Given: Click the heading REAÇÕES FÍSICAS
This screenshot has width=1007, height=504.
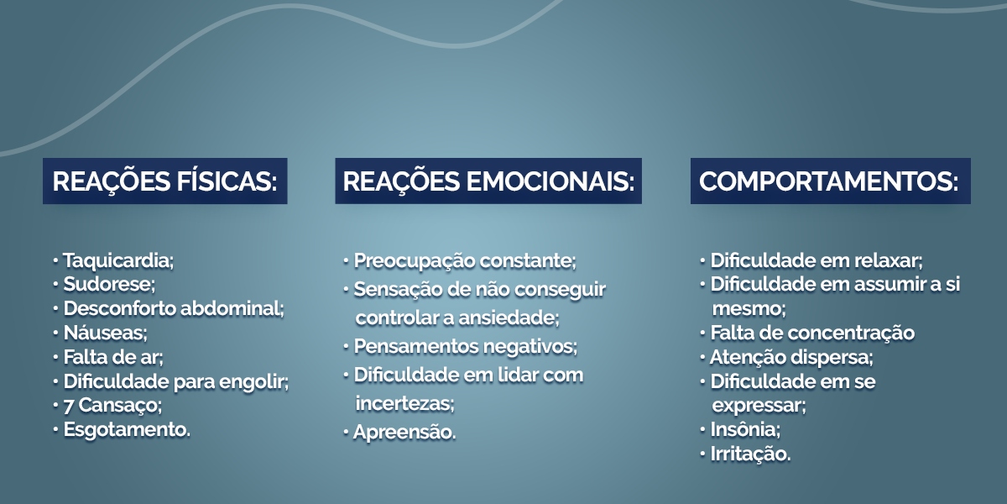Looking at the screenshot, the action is click(164, 181).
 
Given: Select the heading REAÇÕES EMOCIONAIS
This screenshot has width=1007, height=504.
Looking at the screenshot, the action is click(488, 181).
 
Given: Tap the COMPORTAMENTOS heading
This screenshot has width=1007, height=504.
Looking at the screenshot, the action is click(829, 181).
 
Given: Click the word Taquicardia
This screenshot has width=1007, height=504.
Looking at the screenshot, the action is click(118, 260).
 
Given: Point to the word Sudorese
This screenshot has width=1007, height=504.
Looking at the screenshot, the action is click(109, 285).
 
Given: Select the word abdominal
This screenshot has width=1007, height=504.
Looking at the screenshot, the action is click(232, 309).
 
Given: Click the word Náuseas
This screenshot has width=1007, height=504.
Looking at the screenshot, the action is click(106, 333).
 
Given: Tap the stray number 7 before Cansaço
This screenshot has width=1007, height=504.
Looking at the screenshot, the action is click(68, 406).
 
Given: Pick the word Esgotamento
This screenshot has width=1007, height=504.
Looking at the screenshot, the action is click(127, 430).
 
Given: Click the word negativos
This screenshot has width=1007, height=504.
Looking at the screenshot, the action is click(530, 347).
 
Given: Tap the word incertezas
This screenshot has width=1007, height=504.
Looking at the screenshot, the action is click(405, 403).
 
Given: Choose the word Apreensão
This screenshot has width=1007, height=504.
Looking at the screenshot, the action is click(404, 433).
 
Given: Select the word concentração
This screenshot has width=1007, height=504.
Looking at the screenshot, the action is click(852, 333).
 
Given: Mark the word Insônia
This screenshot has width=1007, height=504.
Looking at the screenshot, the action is click(745, 429).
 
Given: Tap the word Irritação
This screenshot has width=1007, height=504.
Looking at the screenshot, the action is click(750, 454).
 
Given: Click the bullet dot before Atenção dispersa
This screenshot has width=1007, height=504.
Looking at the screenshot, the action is click(702, 358).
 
